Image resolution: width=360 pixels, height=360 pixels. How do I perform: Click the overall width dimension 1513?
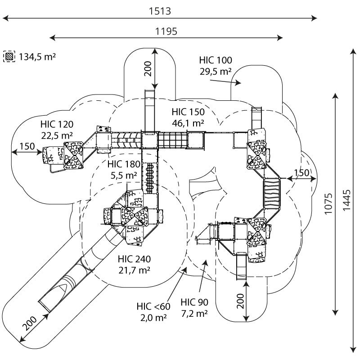[160, 11]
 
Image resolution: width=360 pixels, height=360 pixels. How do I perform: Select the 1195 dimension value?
[166, 31]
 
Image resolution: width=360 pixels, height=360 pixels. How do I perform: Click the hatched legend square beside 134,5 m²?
[9, 57]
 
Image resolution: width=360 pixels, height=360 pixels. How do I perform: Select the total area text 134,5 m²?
[37, 57]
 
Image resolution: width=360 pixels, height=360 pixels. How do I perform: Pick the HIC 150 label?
[188, 112]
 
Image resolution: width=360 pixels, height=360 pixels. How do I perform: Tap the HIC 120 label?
[56, 124]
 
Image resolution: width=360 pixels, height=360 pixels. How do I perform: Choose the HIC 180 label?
[124, 165]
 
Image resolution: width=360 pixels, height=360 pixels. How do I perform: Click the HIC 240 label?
[134, 259]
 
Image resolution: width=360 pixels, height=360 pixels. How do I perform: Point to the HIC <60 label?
[154, 306]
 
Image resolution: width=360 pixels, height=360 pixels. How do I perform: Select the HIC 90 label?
[194, 302]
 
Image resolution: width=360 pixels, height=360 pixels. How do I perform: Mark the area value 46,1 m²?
[188, 122]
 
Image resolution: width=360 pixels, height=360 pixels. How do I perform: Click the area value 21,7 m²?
[134, 270]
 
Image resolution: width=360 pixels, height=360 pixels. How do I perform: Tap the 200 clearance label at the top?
[148, 68]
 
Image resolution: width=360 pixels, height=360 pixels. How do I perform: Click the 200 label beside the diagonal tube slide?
[30, 324]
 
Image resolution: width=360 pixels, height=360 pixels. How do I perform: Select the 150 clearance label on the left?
[27, 146]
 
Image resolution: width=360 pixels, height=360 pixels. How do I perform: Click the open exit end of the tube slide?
[45, 306]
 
